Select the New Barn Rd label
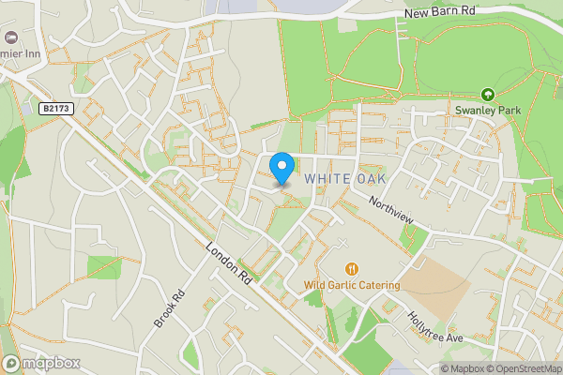coord(441,13)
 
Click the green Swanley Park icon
coord(487,94)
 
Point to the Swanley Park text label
coord(487,111)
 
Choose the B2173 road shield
coord(54,109)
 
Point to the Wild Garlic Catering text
coord(352,285)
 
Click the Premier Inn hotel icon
coord(11,37)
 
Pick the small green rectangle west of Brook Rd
coord(104,266)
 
